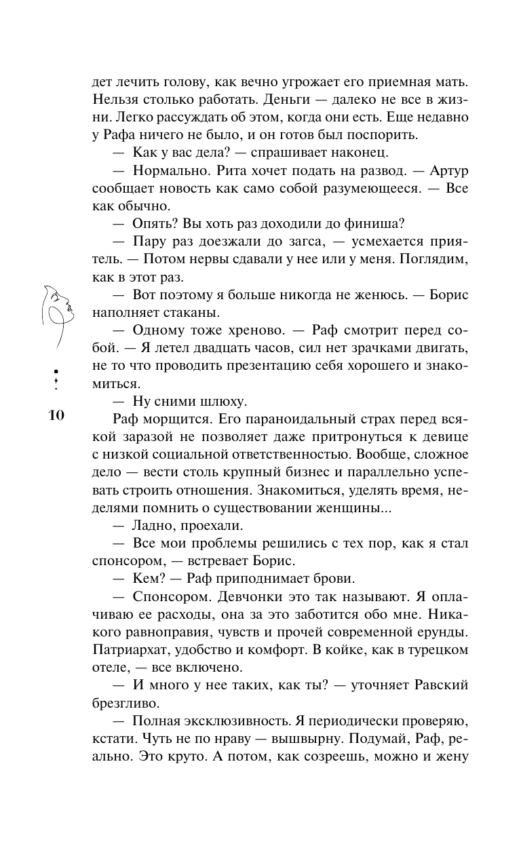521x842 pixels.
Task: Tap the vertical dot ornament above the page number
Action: [56, 378]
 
